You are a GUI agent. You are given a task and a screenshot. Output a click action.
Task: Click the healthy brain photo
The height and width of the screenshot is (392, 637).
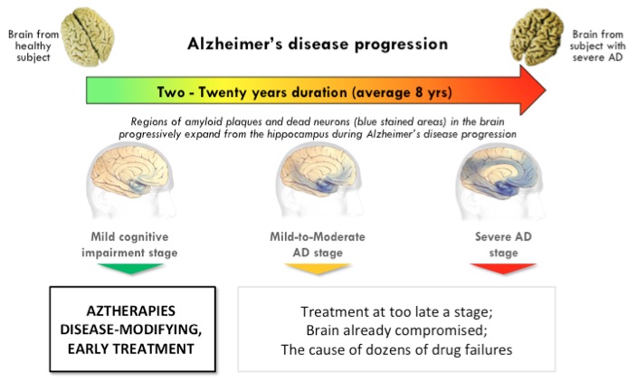pos(88,36)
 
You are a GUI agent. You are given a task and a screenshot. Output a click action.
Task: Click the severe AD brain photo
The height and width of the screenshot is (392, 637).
pos(537,37)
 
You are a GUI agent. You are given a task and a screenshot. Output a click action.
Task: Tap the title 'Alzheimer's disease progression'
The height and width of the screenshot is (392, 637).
pos(318,44)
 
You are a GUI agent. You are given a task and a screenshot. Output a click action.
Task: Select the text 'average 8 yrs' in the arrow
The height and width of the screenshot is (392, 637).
pos(404,92)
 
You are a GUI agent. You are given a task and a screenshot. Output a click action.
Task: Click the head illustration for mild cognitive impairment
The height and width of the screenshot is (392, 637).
pos(130,180)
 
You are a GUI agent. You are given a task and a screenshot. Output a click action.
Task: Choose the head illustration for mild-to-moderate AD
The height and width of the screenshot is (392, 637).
pos(318,180)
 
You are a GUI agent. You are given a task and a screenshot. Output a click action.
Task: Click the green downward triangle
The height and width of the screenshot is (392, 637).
pos(130,268)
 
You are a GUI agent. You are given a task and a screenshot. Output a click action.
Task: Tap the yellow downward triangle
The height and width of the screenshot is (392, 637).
pos(318,268)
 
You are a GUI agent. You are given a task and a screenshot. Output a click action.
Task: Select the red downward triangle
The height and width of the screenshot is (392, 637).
pos(503,268)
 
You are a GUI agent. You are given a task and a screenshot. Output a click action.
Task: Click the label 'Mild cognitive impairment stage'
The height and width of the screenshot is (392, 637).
pos(129,244)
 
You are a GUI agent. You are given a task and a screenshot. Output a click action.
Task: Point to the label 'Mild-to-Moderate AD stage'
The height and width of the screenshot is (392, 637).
pos(318,244)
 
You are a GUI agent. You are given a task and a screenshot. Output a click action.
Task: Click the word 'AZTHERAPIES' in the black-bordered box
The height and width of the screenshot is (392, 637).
pos(131,311)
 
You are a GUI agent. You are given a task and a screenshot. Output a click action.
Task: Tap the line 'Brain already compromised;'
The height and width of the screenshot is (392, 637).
pos(396,330)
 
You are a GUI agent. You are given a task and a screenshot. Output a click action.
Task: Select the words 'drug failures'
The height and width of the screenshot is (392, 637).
pos(471,349)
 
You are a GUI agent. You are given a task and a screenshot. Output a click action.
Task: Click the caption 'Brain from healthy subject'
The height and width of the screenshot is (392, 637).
pos(33,45)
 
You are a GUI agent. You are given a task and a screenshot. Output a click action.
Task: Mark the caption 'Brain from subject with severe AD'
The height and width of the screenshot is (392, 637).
pos(597,45)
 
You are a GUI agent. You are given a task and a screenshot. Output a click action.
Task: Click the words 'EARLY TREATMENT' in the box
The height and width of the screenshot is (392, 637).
pos(131,349)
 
